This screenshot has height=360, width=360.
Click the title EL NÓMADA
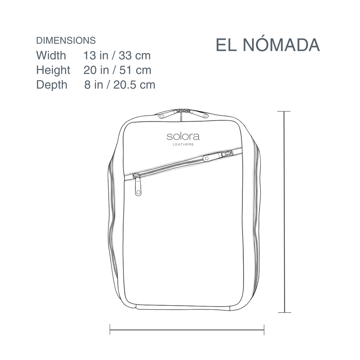pos(268,45)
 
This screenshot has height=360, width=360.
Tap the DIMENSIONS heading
pos(66,40)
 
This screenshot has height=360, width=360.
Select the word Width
pos(51,56)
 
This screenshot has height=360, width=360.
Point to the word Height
pos(53,70)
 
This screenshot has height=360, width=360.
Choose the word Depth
pos(52,85)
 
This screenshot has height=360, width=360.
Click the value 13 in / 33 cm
pos(117,56)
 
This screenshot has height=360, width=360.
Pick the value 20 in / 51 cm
pos(117,70)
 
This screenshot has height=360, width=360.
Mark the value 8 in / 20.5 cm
pos(120,85)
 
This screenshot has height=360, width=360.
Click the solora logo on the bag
pos(183,136)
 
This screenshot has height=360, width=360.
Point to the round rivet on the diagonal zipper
pos(206,159)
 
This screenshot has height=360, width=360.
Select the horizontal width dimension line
pos(187,330)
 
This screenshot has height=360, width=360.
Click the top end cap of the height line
pos(284,111)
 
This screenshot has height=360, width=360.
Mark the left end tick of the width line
pos(110,330)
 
